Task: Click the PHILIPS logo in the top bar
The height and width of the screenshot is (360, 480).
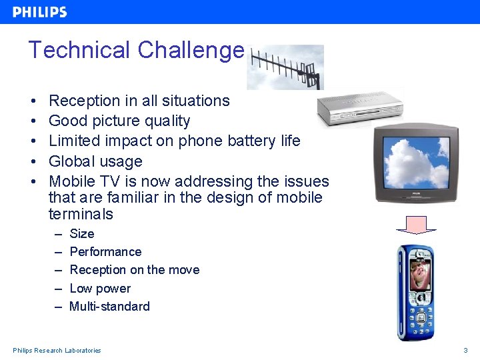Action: coord(40,12)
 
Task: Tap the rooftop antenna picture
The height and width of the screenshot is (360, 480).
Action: coord(285,67)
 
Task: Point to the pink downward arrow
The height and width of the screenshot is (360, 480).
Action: coord(415,225)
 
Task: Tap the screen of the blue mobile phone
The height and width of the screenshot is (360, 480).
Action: coord(419,274)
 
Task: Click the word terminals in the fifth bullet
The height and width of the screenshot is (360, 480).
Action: coord(81,215)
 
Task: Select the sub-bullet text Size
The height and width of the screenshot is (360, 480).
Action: coord(82,234)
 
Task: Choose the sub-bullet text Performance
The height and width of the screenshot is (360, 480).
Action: coord(105,252)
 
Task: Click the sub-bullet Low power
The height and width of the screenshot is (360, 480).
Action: coord(100,289)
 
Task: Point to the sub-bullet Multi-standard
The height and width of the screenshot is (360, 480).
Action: coord(109,307)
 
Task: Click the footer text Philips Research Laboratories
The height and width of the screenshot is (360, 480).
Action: coord(57,351)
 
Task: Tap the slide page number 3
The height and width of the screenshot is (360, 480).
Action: coord(466,351)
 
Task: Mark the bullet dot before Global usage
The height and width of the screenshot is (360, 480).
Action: coord(33,161)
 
